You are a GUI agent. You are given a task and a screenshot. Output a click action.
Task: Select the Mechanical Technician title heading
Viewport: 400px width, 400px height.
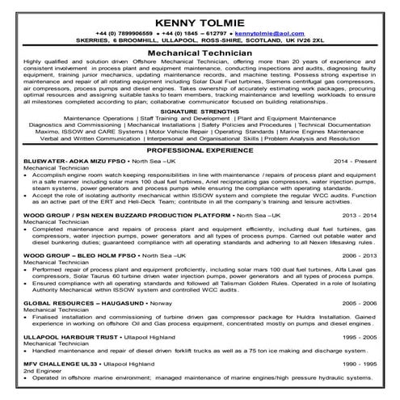click(200, 50)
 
